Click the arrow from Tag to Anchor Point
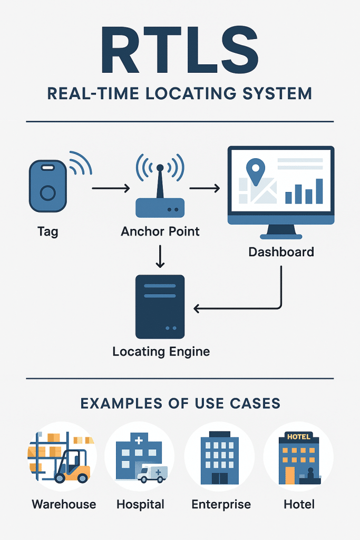point(110,188)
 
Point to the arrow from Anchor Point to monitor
point(204,188)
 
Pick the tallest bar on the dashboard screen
point(319,190)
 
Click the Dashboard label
point(281,252)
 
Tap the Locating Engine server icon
point(160,306)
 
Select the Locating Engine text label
point(161,351)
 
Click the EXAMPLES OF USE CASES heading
point(180,404)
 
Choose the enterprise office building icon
point(219,457)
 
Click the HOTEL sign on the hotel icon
point(298,437)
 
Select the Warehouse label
point(64,504)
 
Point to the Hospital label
point(140,504)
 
